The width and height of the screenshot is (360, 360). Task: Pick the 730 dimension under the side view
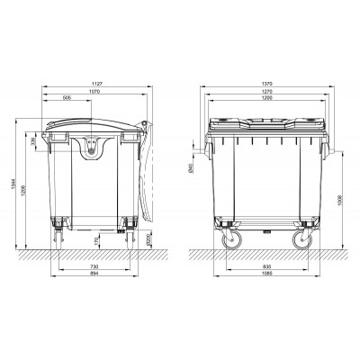click(x=94, y=267)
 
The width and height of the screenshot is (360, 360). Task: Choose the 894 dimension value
click(x=94, y=276)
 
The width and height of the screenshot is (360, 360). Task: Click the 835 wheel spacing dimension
click(x=266, y=267)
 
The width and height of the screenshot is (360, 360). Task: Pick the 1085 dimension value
click(x=266, y=276)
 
